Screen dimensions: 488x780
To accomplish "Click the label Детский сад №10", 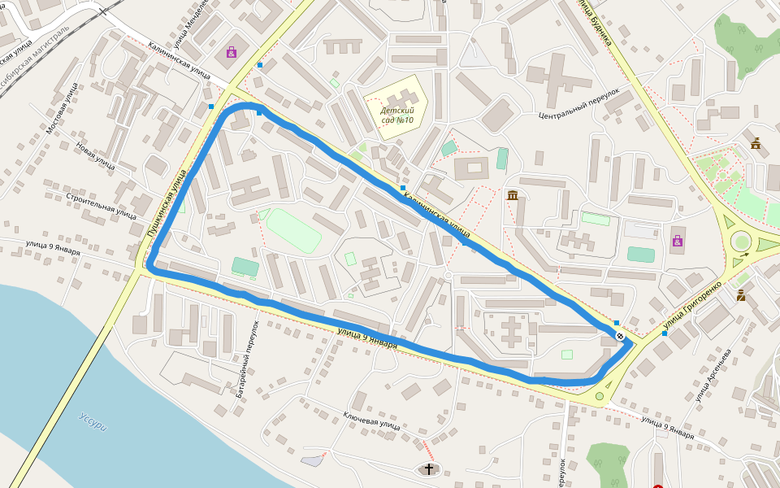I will coord(396,115).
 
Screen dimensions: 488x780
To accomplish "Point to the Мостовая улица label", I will coord(63,108).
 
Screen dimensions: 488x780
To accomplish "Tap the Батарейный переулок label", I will coord(247,359).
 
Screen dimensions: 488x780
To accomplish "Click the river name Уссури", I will coord(93,422).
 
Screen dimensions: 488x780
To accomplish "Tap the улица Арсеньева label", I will coord(714,375).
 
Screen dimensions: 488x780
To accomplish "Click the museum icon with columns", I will coord(513,195).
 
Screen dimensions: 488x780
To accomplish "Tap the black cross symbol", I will coord(429,468).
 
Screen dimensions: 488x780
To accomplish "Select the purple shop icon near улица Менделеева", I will coord(232,52).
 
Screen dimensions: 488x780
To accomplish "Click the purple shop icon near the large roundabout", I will coord(677,241).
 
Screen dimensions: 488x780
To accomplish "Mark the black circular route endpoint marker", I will coord(620,336).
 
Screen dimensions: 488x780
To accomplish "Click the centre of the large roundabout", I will coord(741,241).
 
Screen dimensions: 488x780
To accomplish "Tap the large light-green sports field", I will coord(293,230).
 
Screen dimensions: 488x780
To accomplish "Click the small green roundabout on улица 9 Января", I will coord(600,397).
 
